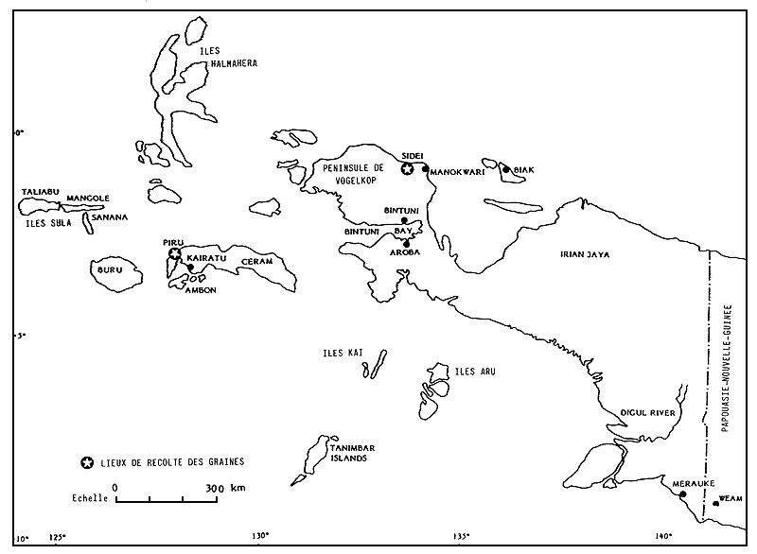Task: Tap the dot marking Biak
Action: (506, 170)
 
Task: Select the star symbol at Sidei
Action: (407, 169)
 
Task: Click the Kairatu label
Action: (207, 257)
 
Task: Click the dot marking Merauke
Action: (682, 493)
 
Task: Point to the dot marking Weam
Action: (715, 503)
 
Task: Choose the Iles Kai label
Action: (343, 353)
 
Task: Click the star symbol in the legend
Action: (87, 462)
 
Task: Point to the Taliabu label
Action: (39, 192)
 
